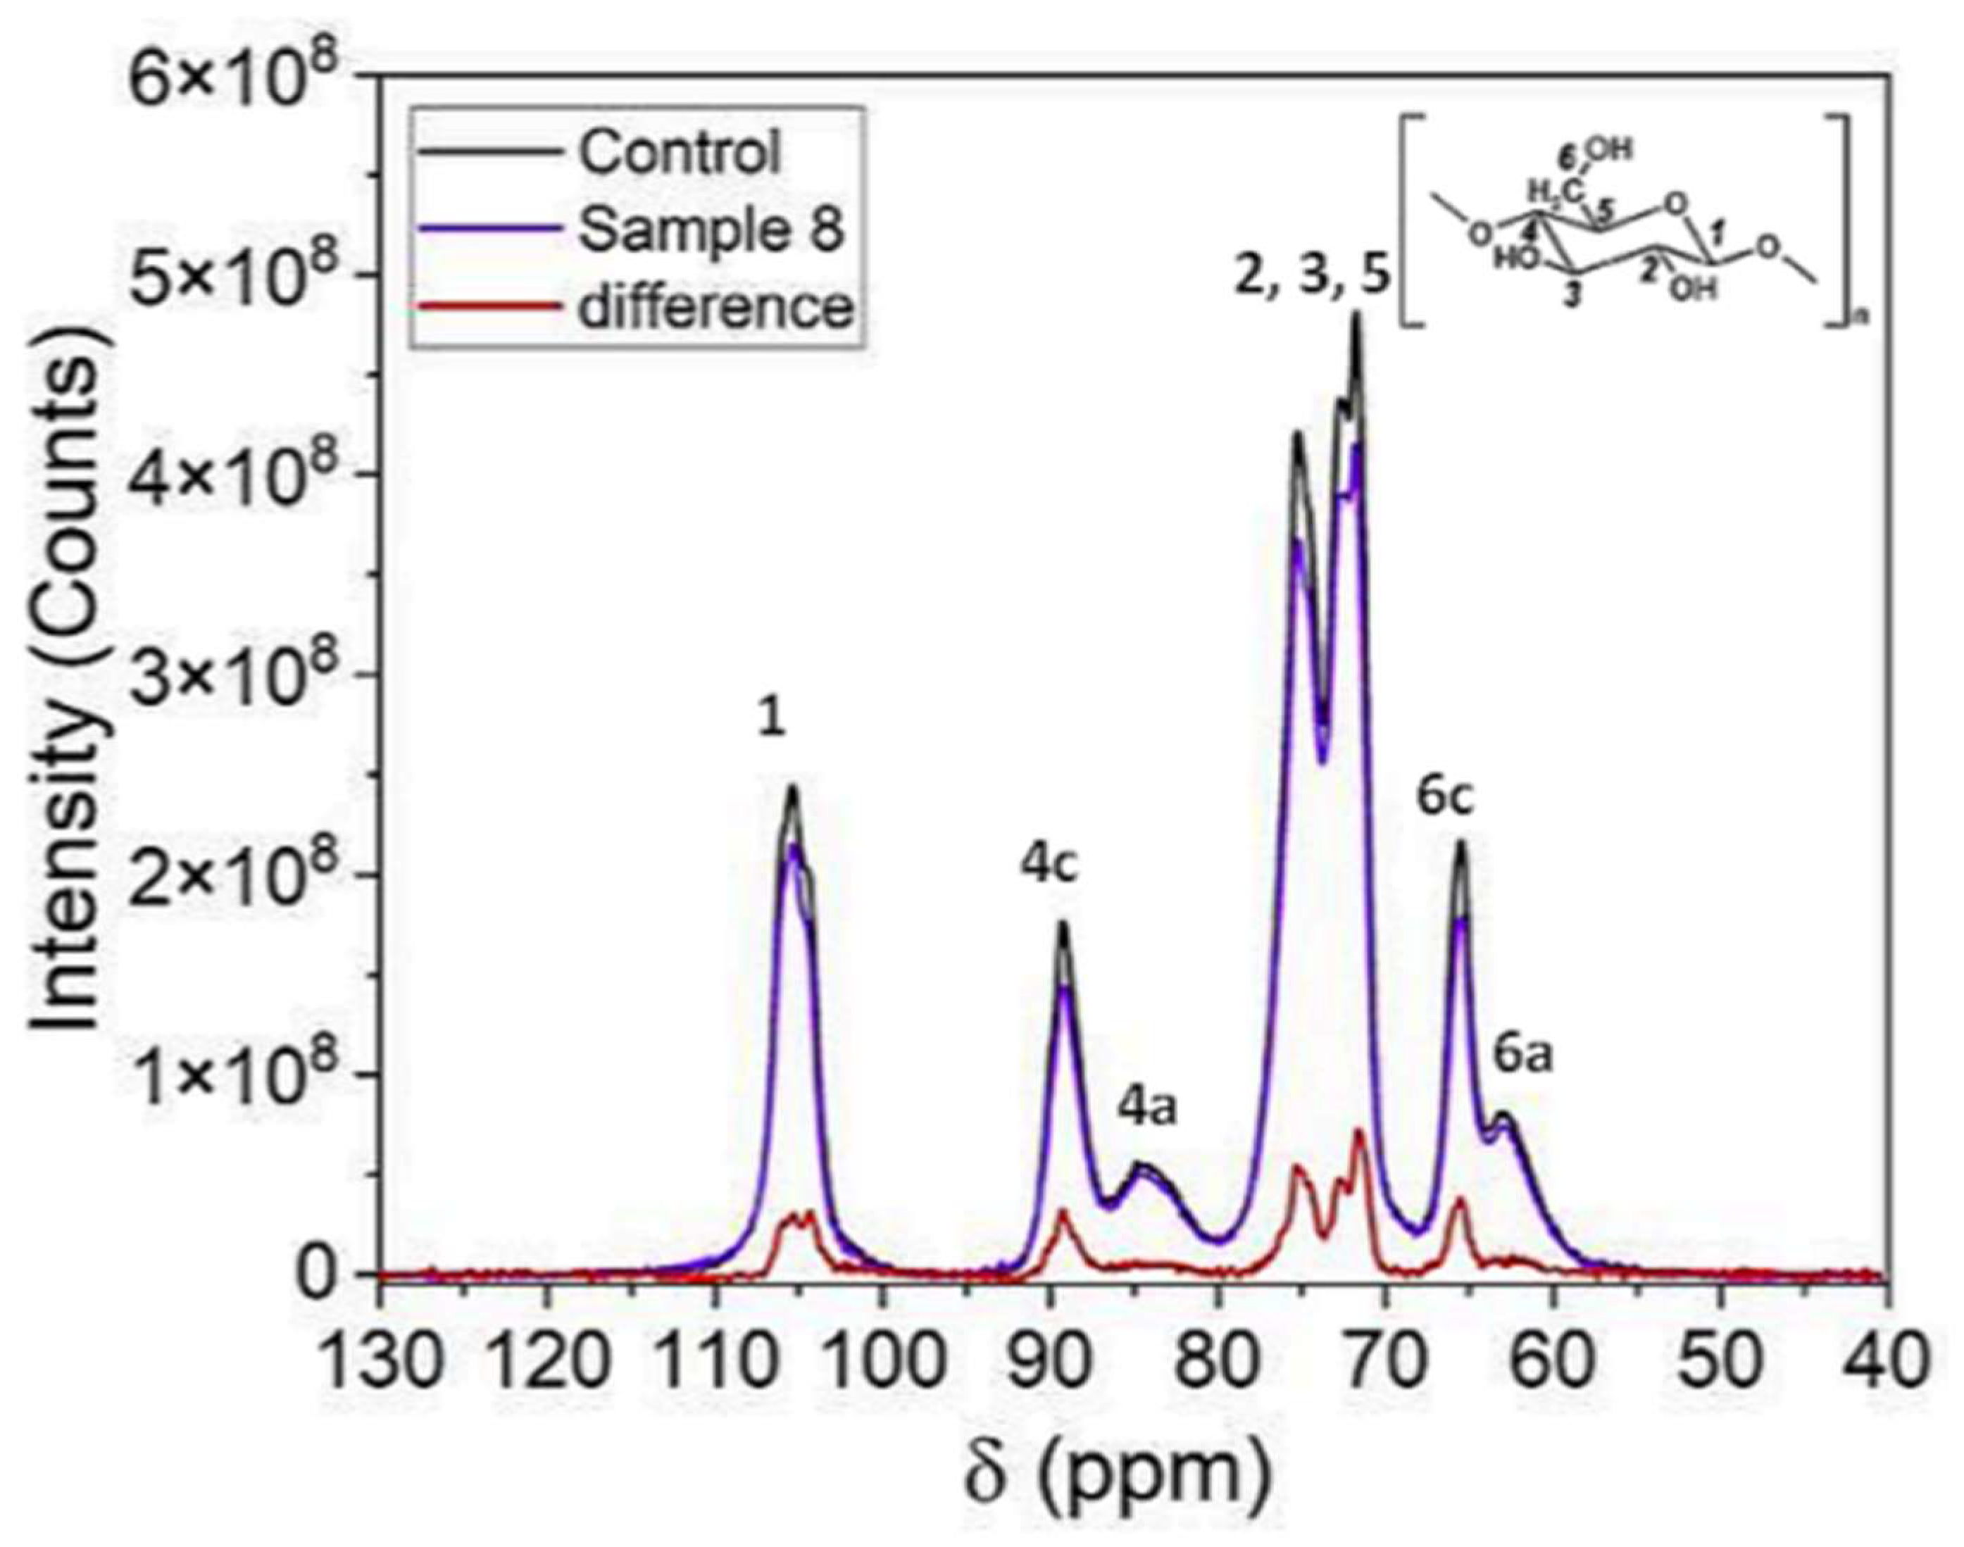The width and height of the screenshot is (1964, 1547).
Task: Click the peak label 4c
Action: point(1050,865)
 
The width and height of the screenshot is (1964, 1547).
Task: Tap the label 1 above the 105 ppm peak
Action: point(771,720)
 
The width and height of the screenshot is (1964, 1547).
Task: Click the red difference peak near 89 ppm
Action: point(1063,1214)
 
